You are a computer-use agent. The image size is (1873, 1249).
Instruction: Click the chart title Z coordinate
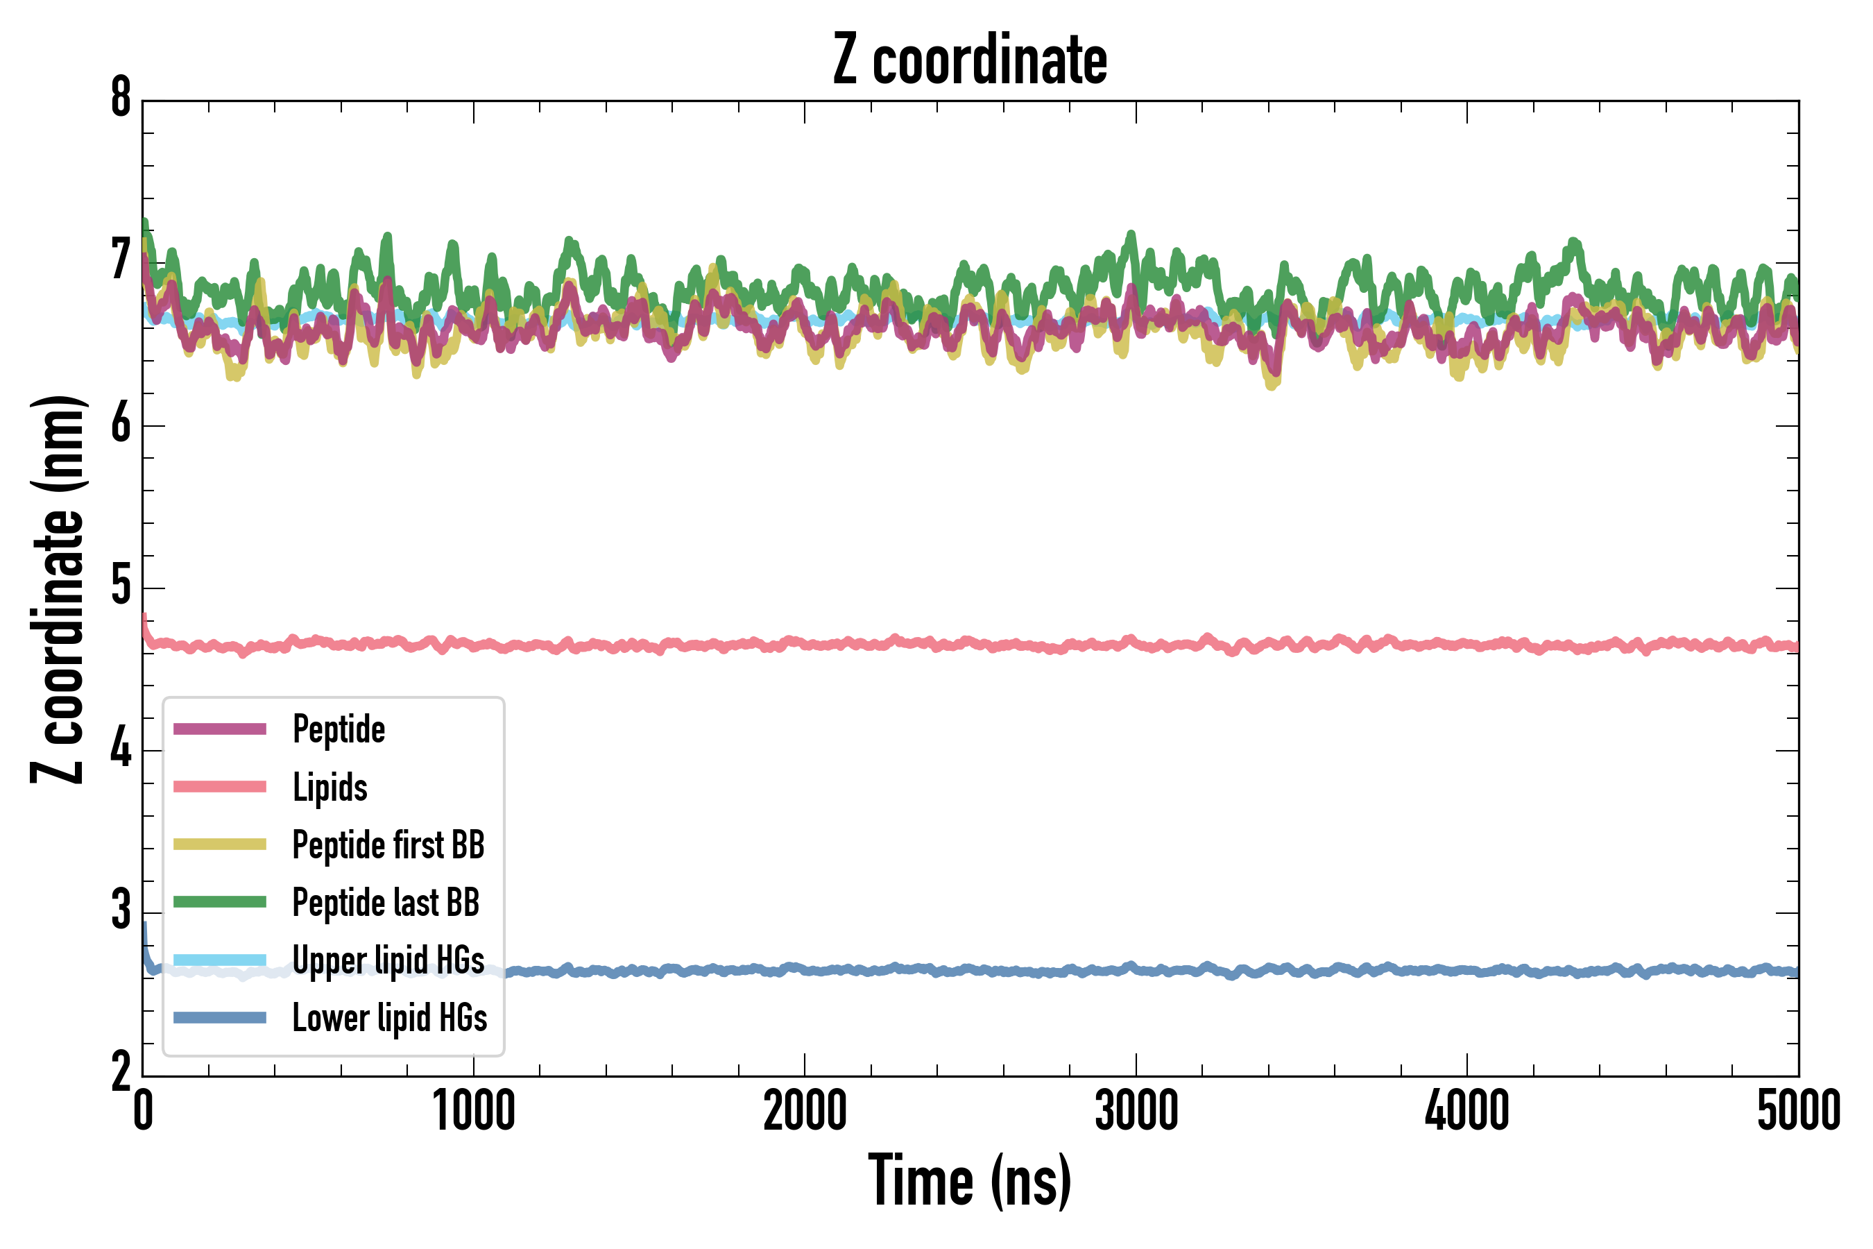[x=969, y=60]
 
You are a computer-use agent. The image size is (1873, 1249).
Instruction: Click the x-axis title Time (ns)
[x=969, y=1180]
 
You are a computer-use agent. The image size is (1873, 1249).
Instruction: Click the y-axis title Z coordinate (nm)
[x=58, y=589]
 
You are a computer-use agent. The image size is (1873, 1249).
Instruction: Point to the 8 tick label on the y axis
[x=121, y=99]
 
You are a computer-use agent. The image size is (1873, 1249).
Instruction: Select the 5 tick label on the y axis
[x=121, y=587]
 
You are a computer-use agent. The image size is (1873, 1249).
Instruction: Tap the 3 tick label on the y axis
[x=121, y=910]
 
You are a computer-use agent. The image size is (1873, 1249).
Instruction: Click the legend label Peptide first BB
[x=388, y=845]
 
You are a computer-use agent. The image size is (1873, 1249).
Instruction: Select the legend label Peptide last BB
[x=386, y=903]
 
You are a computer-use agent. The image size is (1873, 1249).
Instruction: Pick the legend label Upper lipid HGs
[x=388, y=960]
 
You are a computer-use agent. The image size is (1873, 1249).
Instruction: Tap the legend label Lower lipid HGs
[x=390, y=1018]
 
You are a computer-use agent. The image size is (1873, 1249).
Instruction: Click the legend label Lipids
[x=330, y=787]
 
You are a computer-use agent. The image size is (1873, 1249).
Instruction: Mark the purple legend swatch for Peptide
[x=220, y=729]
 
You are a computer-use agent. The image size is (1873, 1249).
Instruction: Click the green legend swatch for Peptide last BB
[x=220, y=901]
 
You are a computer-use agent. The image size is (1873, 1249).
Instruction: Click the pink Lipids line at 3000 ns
[x=1136, y=642]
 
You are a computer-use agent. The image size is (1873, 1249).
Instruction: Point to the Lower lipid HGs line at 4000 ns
[x=1467, y=970]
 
